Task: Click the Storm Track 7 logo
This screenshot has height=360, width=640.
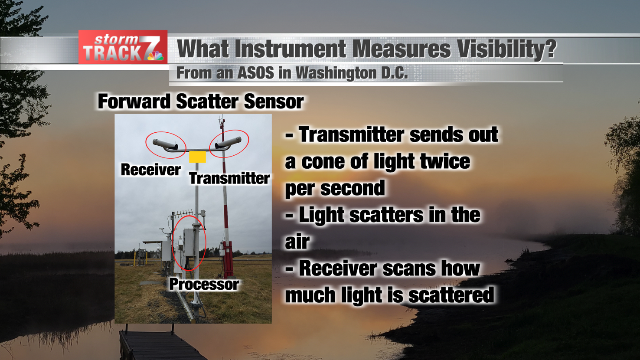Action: coord(123,47)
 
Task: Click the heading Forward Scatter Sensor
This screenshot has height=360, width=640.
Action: coord(200,101)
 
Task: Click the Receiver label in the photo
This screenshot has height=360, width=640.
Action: coord(150,170)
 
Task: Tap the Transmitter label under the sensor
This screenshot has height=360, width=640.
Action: coord(229,178)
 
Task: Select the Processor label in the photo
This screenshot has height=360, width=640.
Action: coord(204,284)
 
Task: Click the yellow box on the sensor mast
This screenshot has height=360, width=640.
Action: coord(197,157)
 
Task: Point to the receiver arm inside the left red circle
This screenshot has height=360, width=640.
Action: coord(165,144)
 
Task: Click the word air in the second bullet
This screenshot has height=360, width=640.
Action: coord(297,242)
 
